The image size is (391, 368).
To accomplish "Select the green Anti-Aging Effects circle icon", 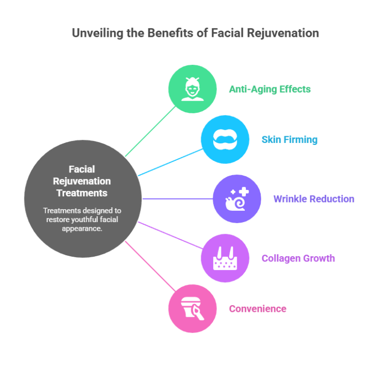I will [x=192, y=89].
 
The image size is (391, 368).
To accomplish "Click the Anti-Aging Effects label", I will [x=269, y=89].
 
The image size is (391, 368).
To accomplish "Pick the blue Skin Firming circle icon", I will [x=225, y=139].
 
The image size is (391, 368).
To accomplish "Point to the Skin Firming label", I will [x=289, y=140].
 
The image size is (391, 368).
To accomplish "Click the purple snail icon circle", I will [x=237, y=199].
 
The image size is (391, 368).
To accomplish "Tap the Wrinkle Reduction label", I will [x=314, y=199].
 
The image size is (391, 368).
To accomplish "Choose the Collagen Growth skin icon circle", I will [x=225, y=258].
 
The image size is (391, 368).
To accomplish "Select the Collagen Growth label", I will [x=298, y=258].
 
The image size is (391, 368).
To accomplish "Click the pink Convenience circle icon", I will [x=192, y=308].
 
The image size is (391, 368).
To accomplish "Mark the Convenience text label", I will [x=257, y=309].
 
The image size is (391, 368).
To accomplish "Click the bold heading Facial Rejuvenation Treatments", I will [x=82, y=181].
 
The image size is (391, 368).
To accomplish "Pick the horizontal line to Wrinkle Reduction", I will [x=178, y=199].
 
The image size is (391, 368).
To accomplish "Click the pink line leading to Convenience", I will [x=148, y=264].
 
